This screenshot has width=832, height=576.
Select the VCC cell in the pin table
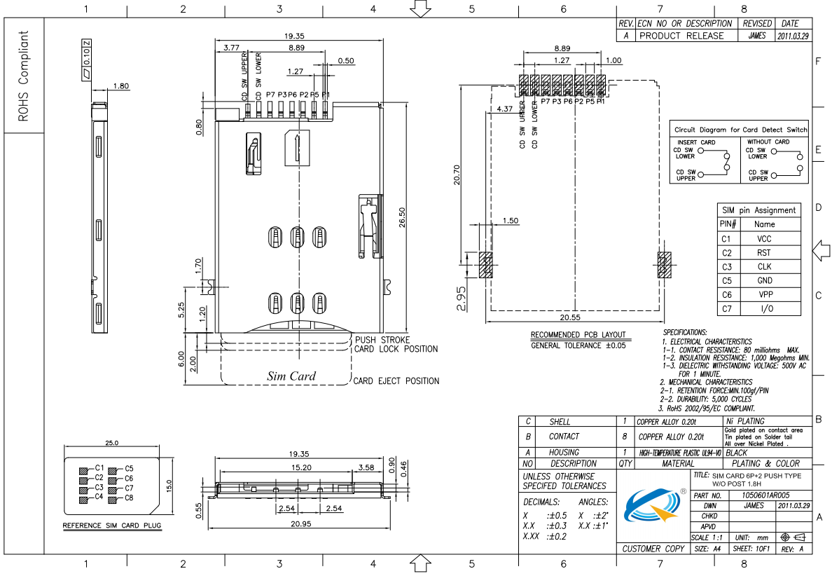(764, 239)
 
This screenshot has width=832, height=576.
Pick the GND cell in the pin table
(764, 281)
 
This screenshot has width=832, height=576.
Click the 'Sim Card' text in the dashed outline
(291, 376)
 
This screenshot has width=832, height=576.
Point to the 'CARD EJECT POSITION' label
(396, 381)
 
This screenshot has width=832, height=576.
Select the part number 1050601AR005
(765, 495)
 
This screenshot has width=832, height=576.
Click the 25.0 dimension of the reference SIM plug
(112, 443)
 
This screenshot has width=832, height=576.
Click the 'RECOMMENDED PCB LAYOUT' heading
(578, 334)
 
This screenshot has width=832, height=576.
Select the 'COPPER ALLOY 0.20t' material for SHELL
(666, 423)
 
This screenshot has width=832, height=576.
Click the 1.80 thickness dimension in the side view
(120, 86)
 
